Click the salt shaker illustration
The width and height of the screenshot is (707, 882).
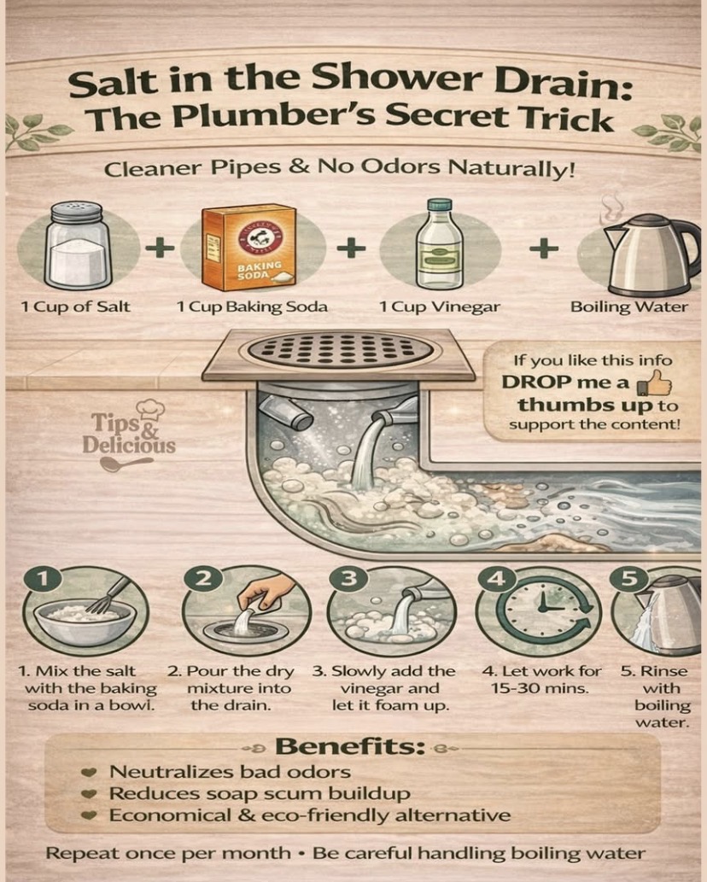79,246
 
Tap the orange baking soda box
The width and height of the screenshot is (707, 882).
248,247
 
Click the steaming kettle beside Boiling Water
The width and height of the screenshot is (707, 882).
651,254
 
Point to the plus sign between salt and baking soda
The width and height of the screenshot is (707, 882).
161,248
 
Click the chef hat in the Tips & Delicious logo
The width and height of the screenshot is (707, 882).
151,409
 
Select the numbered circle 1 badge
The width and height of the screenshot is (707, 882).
43,579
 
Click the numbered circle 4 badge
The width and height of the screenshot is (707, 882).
496,578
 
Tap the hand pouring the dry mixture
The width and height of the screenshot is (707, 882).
266,595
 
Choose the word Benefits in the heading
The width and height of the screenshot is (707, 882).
350,746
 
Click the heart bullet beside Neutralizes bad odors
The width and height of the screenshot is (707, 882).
88,773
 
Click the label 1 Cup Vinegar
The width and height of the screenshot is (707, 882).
439,307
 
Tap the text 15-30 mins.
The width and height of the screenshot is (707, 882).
540,688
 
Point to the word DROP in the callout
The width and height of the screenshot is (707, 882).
536,383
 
